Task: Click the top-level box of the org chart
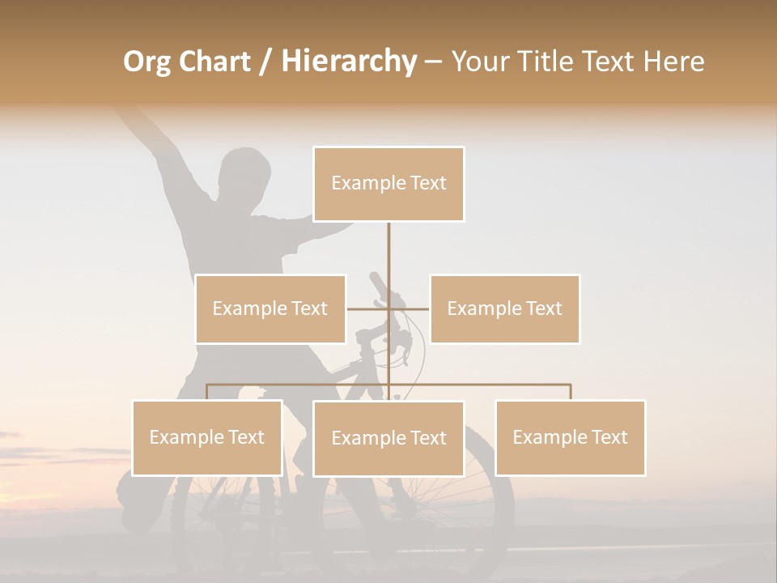pyautogui.click(x=388, y=184)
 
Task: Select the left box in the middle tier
pyautogui.click(x=270, y=309)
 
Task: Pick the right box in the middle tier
pyautogui.click(x=504, y=309)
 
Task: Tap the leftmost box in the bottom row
pyautogui.click(x=207, y=437)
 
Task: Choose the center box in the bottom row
pyautogui.click(x=388, y=438)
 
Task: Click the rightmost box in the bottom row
pyautogui.click(x=570, y=437)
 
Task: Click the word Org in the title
pyautogui.click(x=146, y=62)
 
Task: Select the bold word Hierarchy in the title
pyautogui.click(x=349, y=62)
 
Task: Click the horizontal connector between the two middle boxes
pyautogui.click(x=368, y=309)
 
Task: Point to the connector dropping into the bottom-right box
pyautogui.click(x=570, y=392)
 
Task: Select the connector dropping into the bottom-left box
pyautogui.click(x=207, y=392)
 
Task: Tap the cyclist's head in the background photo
pyautogui.click(x=245, y=172)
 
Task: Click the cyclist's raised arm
pyautogui.click(x=154, y=142)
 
